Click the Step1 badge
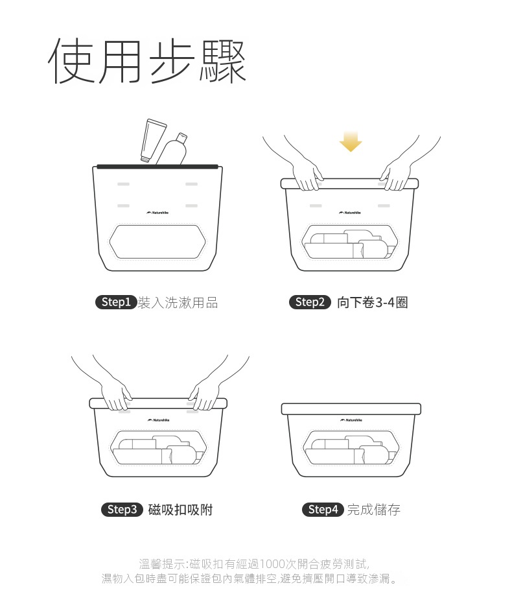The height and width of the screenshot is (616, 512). point(116,302)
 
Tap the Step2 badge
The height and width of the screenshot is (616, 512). point(310,302)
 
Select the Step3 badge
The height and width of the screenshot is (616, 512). point(122,510)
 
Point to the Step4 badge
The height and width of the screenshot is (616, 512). point(323,510)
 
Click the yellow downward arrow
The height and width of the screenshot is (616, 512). point(351,141)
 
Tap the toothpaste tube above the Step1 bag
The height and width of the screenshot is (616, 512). point(153,141)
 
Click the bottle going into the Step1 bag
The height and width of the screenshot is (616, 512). point(172,149)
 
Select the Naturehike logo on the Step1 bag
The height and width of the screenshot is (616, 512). point(158,213)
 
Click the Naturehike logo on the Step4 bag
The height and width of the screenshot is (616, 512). point(351,420)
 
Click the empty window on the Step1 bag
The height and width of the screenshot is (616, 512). point(158,241)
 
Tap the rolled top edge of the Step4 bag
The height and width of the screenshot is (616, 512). point(351,409)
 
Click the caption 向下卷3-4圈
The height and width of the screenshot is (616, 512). point(372,303)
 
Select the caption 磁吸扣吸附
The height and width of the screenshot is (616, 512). point(180,510)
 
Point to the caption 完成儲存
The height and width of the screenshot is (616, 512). point(373,510)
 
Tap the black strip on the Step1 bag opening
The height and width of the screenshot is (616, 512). point(157,167)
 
